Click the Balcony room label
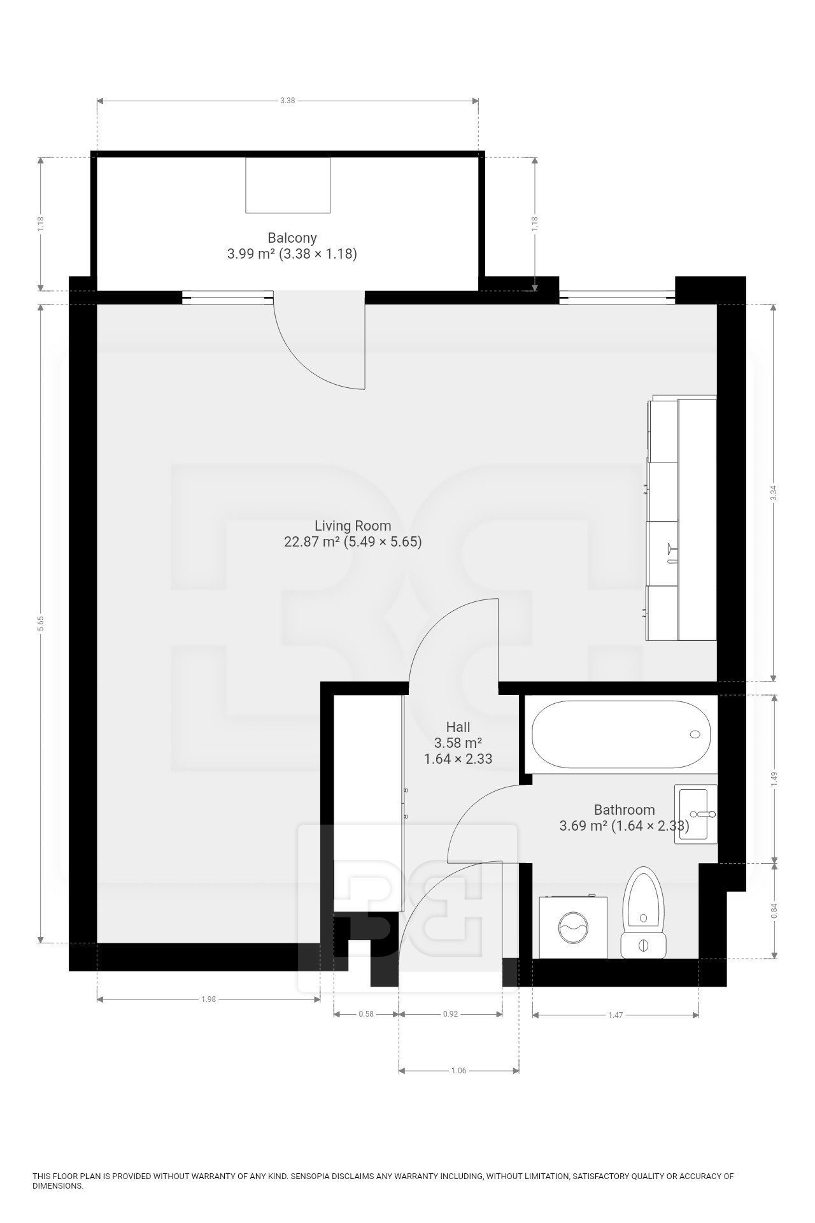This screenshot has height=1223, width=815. pos(292,238)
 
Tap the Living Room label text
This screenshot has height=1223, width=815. pos(353,526)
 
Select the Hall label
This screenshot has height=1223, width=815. pos(458,727)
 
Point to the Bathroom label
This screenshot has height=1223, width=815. pos(624,810)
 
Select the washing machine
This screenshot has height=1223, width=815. pos(573,927)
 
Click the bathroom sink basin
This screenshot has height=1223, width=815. pos(696,815)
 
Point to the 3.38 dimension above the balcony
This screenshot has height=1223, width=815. pos(288,100)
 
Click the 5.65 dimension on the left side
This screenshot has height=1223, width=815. pos(41,624)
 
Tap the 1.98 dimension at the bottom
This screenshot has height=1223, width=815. pos(208,999)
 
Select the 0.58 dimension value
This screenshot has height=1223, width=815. pos(366,1014)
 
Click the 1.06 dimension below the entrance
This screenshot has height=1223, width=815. pos(458,1071)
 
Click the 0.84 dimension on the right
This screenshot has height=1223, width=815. pos(774,912)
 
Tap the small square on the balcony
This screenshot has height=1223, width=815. pos(288,185)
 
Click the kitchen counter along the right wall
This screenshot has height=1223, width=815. pos(682,519)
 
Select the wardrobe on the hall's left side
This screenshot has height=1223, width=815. pos(368,805)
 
